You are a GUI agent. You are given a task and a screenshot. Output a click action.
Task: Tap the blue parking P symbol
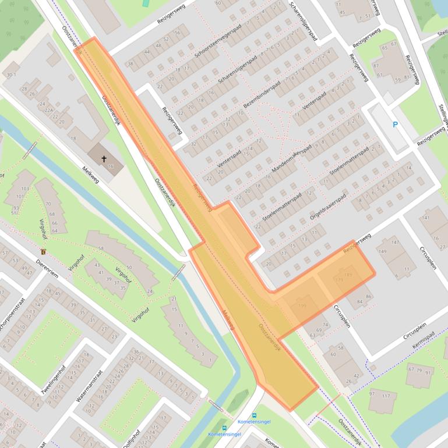(396, 125)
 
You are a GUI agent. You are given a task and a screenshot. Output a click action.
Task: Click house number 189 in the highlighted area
(348, 275)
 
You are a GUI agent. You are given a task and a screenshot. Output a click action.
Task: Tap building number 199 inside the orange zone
(302, 305)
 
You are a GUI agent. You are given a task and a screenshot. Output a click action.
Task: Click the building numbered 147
(396, 242)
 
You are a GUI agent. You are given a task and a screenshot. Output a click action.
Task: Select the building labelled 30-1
(10, 74)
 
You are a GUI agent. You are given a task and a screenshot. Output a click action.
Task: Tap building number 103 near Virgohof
(24, 189)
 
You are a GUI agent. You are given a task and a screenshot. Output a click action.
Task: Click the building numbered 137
(385, 396)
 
